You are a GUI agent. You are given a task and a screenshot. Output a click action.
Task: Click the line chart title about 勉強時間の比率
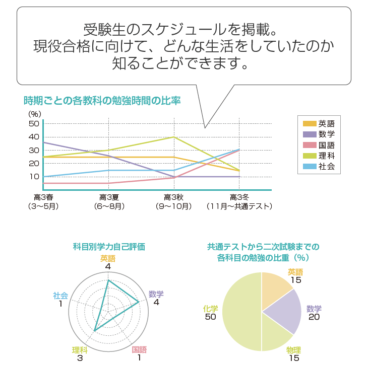click(x=102, y=100)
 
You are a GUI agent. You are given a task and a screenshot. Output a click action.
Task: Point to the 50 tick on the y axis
click(x=34, y=123)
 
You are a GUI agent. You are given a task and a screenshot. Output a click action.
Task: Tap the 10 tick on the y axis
click(x=34, y=176)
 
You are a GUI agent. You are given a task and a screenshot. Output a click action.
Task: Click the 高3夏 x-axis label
click(x=109, y=197)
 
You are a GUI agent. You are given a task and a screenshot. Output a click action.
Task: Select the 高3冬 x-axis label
click(x=239, y=197)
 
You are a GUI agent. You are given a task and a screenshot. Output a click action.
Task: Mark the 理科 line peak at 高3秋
click(x=174, y=137)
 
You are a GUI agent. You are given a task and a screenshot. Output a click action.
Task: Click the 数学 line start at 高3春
click(x=44, y=142)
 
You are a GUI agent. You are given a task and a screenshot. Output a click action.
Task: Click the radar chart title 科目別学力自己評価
click(x=108, y=247)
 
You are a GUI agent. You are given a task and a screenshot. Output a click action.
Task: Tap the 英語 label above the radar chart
click(x=108, y=258)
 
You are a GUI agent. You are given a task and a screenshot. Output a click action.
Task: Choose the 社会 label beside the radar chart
click(x=60, y=296)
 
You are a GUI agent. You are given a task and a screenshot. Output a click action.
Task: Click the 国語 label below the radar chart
click(x=139, y=350)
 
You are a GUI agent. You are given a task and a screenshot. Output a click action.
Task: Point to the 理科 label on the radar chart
click(x=80, y=350)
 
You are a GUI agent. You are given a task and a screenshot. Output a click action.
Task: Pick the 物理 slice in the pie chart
click(x=275, y=337)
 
